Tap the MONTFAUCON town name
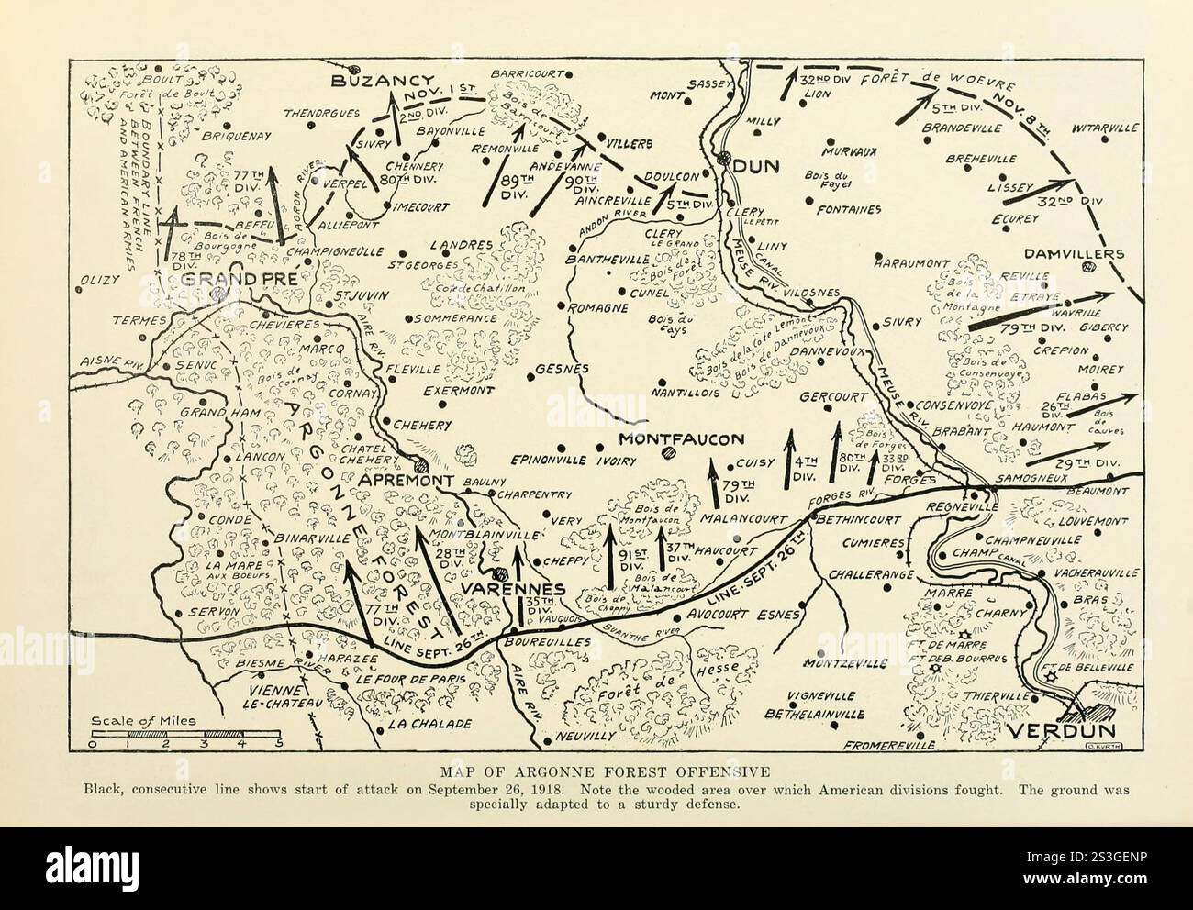point(681,439)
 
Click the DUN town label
point(756,166)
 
